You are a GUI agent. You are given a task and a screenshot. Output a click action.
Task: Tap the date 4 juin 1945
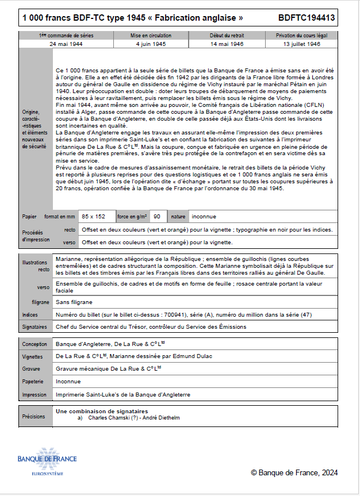point(151,44)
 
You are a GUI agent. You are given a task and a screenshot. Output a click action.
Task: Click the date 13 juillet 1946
point(302,44)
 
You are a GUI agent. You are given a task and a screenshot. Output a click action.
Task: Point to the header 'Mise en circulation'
point(151,36)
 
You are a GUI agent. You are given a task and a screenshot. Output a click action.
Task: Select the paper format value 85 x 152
point(94,217)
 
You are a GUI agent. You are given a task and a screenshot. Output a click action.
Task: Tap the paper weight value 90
point(157,217)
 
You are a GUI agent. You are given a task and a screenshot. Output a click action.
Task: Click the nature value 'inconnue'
point(204,217)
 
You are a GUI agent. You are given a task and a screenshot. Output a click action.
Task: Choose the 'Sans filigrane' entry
point(74,302)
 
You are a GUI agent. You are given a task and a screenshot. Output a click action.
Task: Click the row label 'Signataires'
point(35,327)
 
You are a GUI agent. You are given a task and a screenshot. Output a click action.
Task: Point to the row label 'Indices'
point(30,315)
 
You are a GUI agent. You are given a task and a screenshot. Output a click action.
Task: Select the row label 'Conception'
point(35,344)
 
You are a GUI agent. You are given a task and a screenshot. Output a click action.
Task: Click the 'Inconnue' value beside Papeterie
point(68,381)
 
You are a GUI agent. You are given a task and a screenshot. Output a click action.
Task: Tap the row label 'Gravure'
point(31,369)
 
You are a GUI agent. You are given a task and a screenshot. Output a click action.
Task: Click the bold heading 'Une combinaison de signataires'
point(102,412)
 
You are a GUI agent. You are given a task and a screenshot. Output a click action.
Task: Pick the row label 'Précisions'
point(33,417)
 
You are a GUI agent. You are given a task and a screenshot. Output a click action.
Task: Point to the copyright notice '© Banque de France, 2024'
point(294,472)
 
